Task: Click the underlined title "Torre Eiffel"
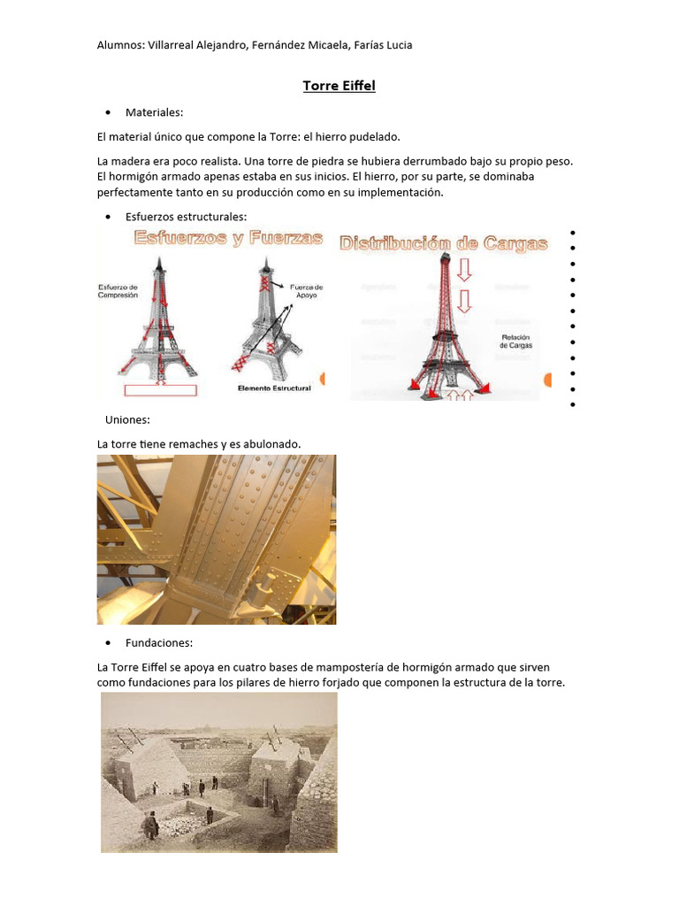(x=339, y=86)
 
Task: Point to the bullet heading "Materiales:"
(x=154, y=112)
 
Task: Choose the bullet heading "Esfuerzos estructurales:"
(x=186, y=217)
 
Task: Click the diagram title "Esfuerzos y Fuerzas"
(x=228, y=239)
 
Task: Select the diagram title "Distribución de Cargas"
(x=444, y=243)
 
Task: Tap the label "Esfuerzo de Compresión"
(x=118, y=291)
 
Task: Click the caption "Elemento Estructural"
(x=274, y=388)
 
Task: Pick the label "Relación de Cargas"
(x=515, y=342)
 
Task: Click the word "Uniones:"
(x=127, y=419)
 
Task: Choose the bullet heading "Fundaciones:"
(x=159, y=643)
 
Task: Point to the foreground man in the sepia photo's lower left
(x=151, y=825)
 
